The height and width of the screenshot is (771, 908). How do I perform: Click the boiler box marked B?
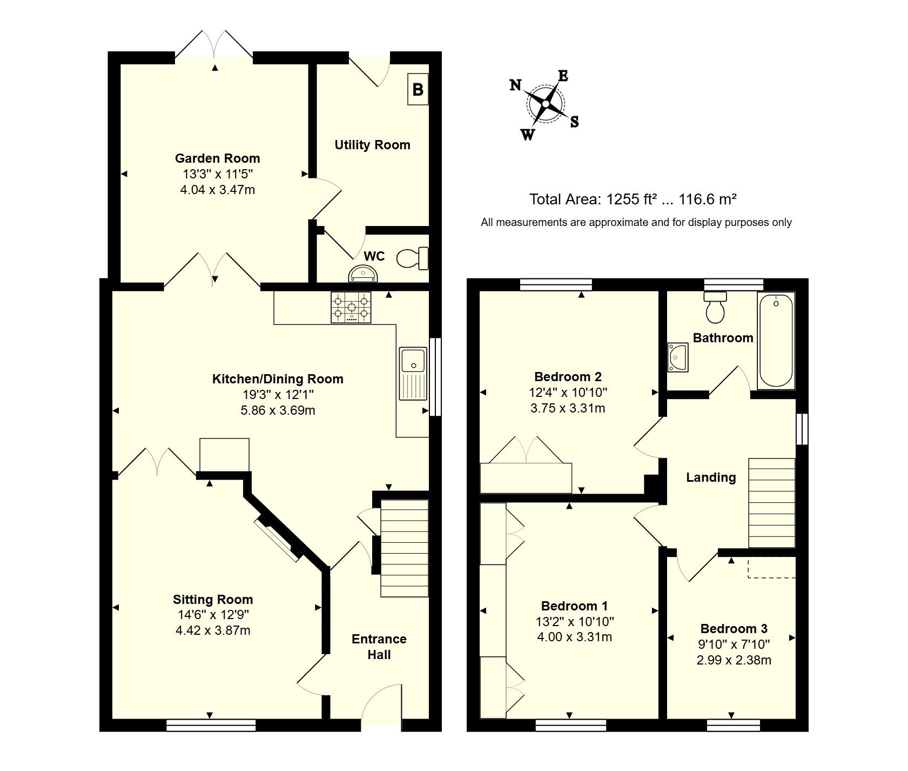click(x=418, y=89)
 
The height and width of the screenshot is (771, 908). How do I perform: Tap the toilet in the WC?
click(x=413, y=258)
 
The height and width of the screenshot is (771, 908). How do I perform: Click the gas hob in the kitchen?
click(x=351, y=308)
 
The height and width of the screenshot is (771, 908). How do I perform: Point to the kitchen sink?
click(x=413, y=374)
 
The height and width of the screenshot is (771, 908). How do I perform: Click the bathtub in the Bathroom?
click(x=776, y=340)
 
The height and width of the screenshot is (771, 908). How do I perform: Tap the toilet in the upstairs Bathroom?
click(x=716, y=306)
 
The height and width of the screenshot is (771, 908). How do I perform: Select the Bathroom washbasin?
click(x=678, y=357)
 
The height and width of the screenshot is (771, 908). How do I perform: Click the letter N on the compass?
click(x=516, y=85)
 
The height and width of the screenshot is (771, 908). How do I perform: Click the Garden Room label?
click(x=217, y=158)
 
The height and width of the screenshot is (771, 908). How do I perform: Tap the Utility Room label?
click(x=372, y=145)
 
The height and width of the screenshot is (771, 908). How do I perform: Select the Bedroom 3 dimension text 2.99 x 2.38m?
click(x=734, y=660)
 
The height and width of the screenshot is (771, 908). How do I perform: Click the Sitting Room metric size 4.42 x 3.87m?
click(x=213, y=630)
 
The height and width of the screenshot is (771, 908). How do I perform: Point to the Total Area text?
click(x=633, y=200)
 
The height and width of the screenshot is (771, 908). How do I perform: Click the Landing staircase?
click(x=771, y=503)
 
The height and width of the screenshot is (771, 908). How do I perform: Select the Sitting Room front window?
click(x=211, y=725)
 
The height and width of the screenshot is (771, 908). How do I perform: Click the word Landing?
click(x=711, y=477)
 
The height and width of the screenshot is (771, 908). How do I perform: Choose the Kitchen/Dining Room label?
click(x=278, y=379)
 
